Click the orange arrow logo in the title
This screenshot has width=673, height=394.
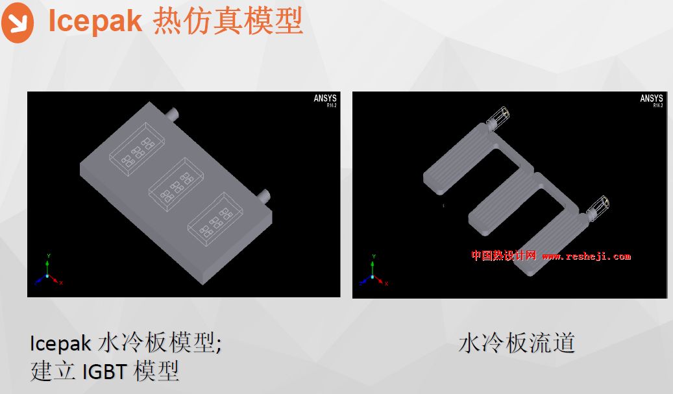(x=18, y=22)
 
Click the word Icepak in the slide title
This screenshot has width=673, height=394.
(x=95, y=21)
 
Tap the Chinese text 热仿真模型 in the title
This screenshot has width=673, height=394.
(x=228, y=21)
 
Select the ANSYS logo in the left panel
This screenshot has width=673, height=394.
(x=325, y=99)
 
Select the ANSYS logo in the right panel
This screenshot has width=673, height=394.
(x=652, y=99)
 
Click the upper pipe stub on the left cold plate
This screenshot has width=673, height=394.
(x=173, y=114)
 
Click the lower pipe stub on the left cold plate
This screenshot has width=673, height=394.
(x=263, y=195)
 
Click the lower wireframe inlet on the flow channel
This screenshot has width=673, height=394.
(x=598, y=207)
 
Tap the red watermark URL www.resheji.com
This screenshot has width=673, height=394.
(x=586, y=256)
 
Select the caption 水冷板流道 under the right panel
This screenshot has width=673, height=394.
(x=517, y=343)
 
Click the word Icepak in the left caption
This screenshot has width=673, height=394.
(x=60, y=343)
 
